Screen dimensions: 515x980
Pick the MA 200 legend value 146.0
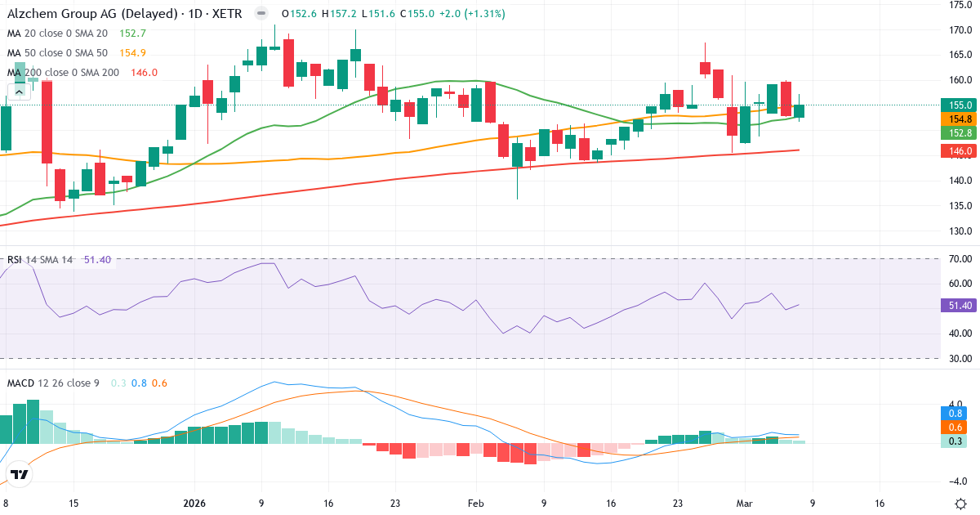pos(144,72)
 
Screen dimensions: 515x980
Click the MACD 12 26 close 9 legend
pos(53,383)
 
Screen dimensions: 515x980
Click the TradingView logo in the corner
pos(20,474)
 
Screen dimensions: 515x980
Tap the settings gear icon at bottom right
pos(960,504)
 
